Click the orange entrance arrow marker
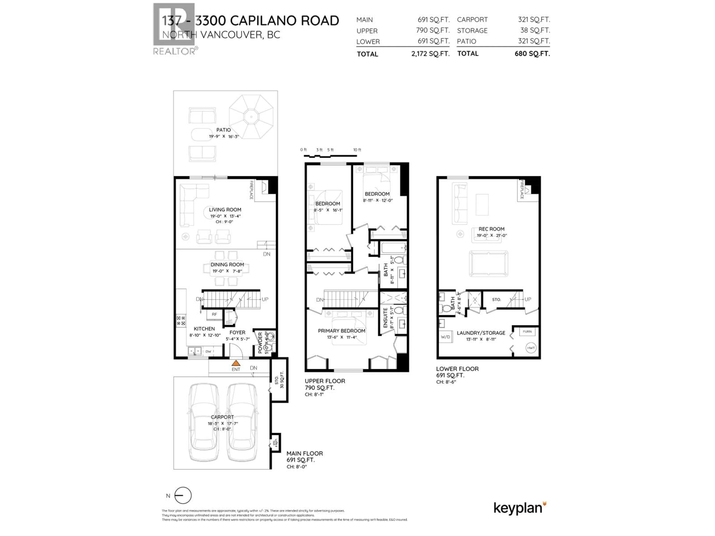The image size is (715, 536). (236, 363)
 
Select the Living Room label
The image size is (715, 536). (225, 210)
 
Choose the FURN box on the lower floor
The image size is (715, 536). (527, 331)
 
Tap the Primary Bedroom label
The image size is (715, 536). (341, 331)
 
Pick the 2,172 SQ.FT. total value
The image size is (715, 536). (430, 54)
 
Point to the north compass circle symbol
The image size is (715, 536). (183, 495)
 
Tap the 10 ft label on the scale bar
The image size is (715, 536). (357, 150)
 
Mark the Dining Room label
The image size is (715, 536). (227, 265)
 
